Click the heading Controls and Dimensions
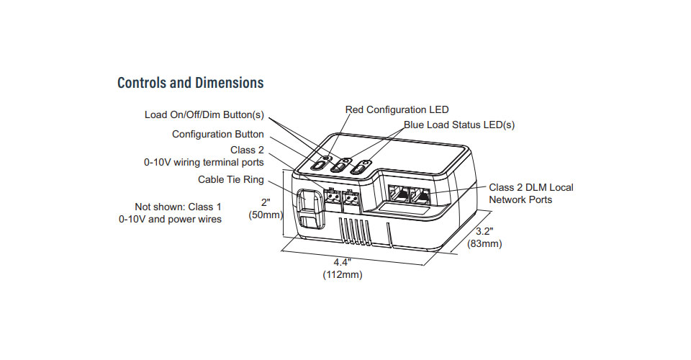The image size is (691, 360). coord(190,83)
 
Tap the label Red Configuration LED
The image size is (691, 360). coord(397,110)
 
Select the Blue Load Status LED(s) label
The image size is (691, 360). coord(459,125)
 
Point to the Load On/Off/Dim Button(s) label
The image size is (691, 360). coord(204,114)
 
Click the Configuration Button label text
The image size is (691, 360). coord(217,135)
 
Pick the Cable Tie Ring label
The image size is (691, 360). coord(230,179)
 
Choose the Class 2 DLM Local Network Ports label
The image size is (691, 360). coord(530,193)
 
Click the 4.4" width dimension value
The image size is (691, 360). coord(342,262)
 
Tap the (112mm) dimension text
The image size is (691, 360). coord(342,274)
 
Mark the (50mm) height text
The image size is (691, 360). coord(265,215)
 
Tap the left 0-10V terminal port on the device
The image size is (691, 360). coord(332,196)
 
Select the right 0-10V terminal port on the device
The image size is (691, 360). coord(351,197)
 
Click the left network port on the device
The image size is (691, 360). coord(397,194)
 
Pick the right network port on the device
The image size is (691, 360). coord(420,194)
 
